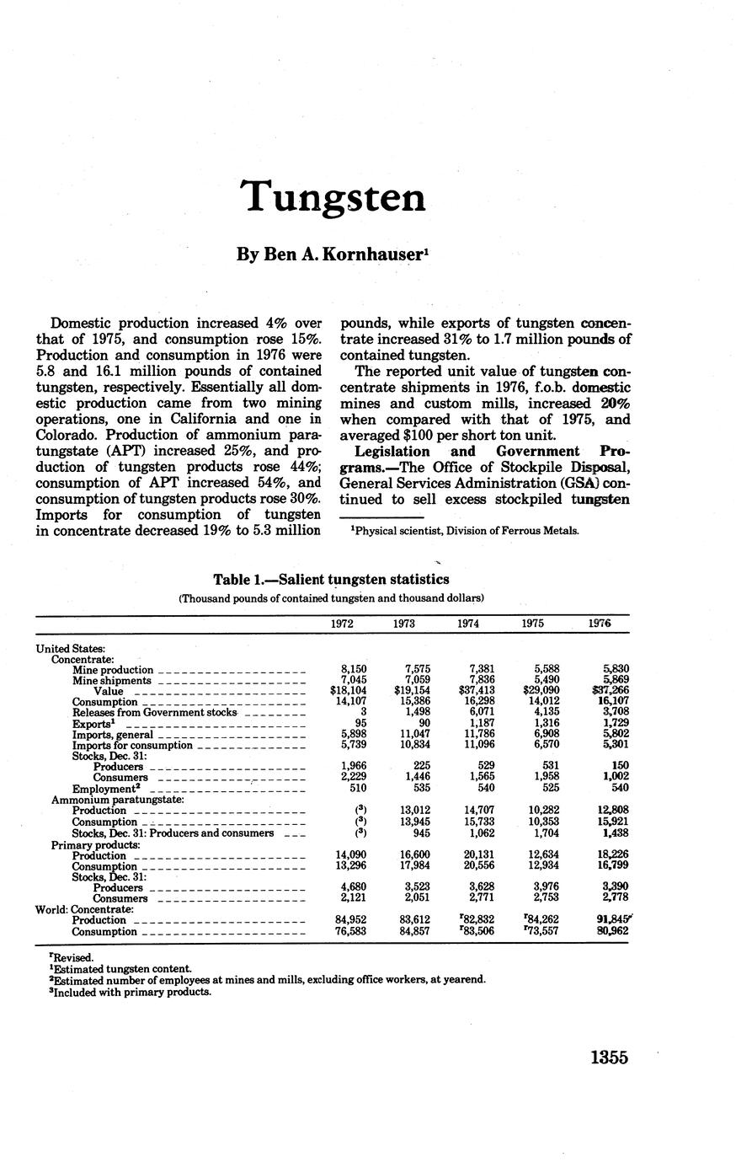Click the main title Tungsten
333,197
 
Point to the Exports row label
92,724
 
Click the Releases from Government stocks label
154,713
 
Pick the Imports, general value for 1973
413,735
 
